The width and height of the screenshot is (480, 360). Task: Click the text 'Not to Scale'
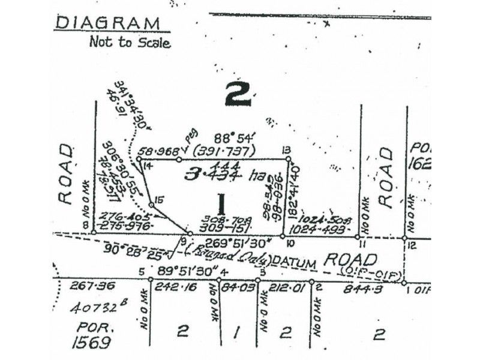[130, 43]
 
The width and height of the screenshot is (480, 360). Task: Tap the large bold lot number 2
[239, 94]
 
